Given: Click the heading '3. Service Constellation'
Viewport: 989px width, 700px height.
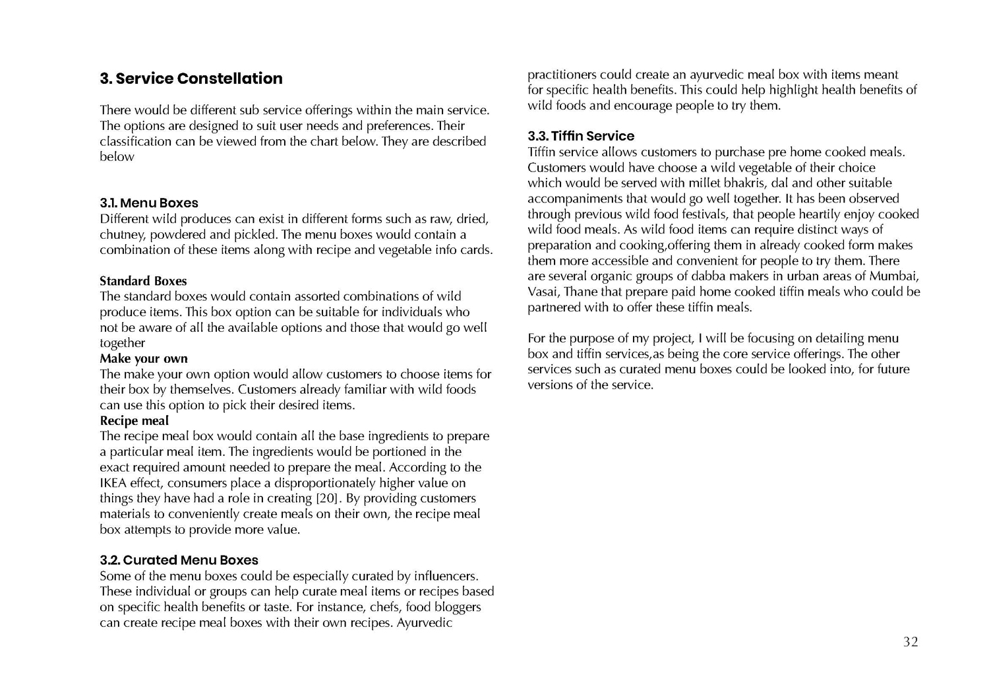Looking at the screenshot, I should [191, 79].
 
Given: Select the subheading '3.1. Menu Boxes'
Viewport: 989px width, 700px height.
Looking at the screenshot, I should [149, 203].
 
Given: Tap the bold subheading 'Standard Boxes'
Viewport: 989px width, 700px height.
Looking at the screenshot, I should [143, 281].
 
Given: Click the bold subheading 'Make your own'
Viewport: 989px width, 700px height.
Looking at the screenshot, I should [144, 359].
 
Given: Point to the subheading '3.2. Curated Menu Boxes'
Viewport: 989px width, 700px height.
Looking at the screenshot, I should [179, 560].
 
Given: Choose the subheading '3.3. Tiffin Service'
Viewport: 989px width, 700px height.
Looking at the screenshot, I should [581, 136].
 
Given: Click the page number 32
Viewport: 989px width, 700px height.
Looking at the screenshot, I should [910, 642].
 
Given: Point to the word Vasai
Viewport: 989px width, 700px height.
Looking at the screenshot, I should [543, 292].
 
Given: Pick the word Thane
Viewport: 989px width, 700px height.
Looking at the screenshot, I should [584, 292].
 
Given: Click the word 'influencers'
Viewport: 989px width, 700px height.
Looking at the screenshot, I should [445, 576].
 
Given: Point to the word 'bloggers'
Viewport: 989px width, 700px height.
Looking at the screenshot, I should [456, 607].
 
